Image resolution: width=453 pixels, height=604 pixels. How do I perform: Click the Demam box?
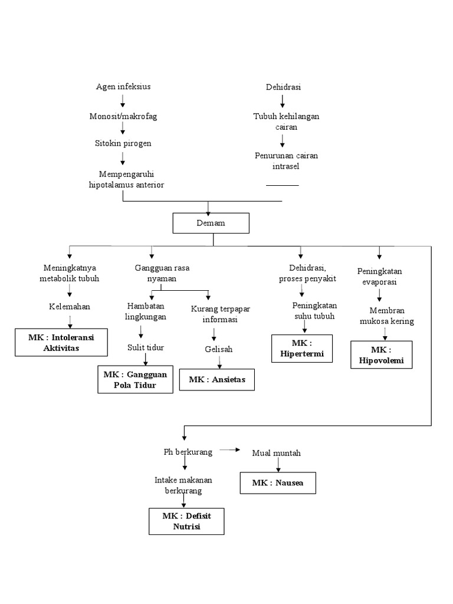[x=211, y=224]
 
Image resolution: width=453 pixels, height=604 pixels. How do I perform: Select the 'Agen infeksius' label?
[x=123, y=87]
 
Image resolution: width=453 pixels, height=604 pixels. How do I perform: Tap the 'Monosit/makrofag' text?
[x=123, y=116]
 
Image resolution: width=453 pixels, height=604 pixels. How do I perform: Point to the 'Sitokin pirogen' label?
[x=123, y=143]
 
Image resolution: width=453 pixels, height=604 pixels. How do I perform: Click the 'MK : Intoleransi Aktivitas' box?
[x=61, y=342]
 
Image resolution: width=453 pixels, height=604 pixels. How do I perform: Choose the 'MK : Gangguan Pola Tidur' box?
[x=135, y=380]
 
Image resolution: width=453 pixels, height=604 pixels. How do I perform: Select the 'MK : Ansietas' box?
[x=217, y=379]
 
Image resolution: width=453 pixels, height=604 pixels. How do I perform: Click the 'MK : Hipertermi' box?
[x=302, y=349]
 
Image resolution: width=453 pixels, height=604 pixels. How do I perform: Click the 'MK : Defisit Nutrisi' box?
[x=186, y=521]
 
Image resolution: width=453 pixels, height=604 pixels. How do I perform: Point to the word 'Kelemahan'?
[x=69, y=307]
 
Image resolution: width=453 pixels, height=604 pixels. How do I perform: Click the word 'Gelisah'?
[x=218, y=349]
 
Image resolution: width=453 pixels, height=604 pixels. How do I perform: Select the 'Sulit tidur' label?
[x=146, y=347]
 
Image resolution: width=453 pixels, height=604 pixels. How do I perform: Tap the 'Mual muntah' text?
[x=276, y=453]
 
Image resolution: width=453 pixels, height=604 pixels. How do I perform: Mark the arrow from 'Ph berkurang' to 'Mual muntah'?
[x=230, y=451]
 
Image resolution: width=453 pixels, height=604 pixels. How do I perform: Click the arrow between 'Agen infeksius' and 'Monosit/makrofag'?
[x=123, y=101]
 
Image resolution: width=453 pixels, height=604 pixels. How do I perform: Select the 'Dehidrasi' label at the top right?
[x=283, y=87]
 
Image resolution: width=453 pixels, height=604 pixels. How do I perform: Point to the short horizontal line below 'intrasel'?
[x=282, y=185]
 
